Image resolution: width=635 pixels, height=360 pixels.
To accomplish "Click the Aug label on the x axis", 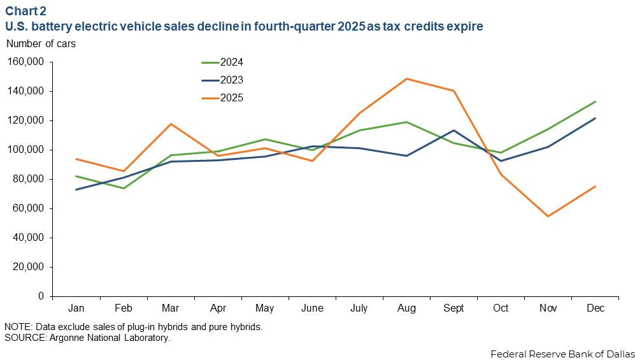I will (407, 308).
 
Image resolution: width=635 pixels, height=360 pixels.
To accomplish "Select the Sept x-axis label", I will (454, 308).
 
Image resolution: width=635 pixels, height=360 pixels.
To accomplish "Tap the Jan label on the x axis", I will (76, 308).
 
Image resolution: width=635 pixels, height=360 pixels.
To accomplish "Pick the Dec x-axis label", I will (596, 308).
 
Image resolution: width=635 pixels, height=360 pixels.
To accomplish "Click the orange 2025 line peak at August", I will (406, 79).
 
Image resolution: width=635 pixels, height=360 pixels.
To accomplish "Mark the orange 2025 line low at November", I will (548, 216).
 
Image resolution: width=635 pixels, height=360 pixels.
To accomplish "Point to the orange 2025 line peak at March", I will (171, 124).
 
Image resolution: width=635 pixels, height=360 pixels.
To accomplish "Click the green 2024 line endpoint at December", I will (596, 101).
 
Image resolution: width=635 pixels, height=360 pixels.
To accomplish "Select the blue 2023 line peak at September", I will (454, 130).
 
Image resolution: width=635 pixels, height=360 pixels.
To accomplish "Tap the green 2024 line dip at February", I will (124, 188).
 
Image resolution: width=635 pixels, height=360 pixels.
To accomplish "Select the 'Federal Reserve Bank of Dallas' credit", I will (562, 353).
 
